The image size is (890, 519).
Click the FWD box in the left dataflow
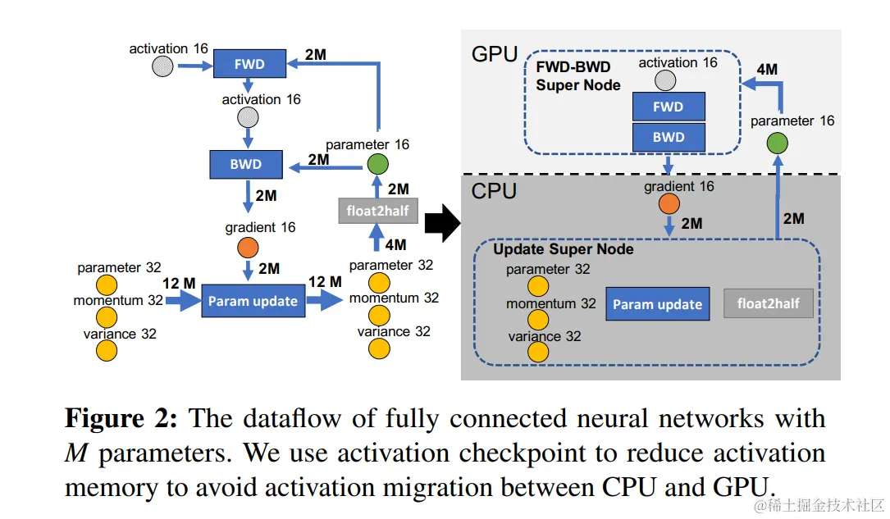249,64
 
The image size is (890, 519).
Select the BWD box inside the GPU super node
669,137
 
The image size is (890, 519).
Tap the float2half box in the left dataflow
378,211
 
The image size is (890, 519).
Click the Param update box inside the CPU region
657,304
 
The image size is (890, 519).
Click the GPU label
495,55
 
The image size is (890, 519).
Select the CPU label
495,191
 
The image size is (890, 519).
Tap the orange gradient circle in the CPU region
669,204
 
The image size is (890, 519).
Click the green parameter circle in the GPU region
776,145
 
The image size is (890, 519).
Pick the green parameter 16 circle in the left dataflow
377,163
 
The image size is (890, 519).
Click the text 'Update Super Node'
563,248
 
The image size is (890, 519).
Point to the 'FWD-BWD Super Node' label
578,75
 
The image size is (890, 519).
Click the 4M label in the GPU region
766,70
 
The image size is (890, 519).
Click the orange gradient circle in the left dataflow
248,247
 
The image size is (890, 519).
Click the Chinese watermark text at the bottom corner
819,503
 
